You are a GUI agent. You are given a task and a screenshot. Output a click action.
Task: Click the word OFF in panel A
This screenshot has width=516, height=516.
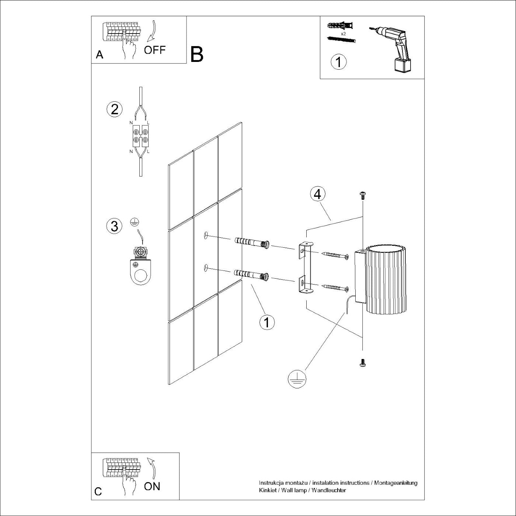[x=155, y=50]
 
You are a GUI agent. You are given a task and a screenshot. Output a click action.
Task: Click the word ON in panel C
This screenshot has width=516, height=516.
[x=152, y=486]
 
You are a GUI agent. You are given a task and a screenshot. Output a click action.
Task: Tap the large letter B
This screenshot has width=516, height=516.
[x=197, y=55]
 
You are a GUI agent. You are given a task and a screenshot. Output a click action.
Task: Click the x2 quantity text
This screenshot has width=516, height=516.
[x=343, y=34]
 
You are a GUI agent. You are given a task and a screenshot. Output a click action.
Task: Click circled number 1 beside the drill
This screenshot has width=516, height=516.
[x=339, y=62]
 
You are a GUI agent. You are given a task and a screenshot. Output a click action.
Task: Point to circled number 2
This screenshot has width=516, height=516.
[x=114, y=109]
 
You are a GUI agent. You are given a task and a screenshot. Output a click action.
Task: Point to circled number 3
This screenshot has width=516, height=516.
[x=114, y=226]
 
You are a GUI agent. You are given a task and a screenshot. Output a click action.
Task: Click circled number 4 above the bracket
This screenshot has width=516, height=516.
[x=318, y=194]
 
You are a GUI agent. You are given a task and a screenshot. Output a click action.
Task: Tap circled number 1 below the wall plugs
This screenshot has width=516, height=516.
[x=267, y=322]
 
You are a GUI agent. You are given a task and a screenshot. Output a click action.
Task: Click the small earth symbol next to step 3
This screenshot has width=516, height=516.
[x=135, y=222]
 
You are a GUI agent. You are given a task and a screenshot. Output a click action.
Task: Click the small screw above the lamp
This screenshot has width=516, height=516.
[x=362, y=196]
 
